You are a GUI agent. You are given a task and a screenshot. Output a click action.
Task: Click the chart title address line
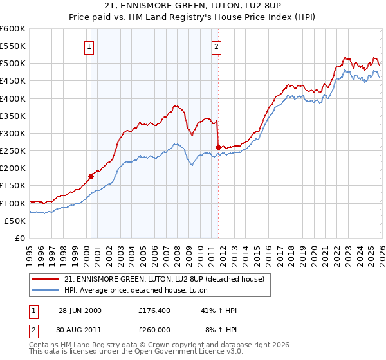192,6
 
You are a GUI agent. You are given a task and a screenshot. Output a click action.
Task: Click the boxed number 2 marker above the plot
217,46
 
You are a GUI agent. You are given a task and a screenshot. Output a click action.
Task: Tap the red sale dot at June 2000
91,176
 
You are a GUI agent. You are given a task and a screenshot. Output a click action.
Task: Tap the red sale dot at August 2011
218,147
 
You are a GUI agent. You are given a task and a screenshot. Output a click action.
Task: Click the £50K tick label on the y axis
15,221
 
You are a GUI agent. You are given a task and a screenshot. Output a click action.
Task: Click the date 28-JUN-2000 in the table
80,310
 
